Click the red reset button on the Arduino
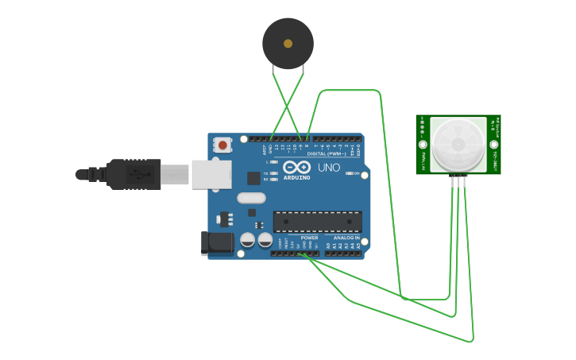pos(222,145)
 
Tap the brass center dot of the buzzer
pos(288,44)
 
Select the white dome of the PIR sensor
pos(458,144)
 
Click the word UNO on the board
pos(329,168)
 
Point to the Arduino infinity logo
pos(296,168)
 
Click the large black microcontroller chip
pos(317,222)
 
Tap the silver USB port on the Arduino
pos(211,174)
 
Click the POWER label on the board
pos(309,238)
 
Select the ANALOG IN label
pos(346,238)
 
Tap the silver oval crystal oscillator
pos(250,198)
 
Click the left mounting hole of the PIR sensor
pos(422,145)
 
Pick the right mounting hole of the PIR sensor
pos(494,145)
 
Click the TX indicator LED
pos(274,173)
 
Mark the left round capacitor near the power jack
pos(248,239)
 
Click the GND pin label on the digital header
pos(270,148)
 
